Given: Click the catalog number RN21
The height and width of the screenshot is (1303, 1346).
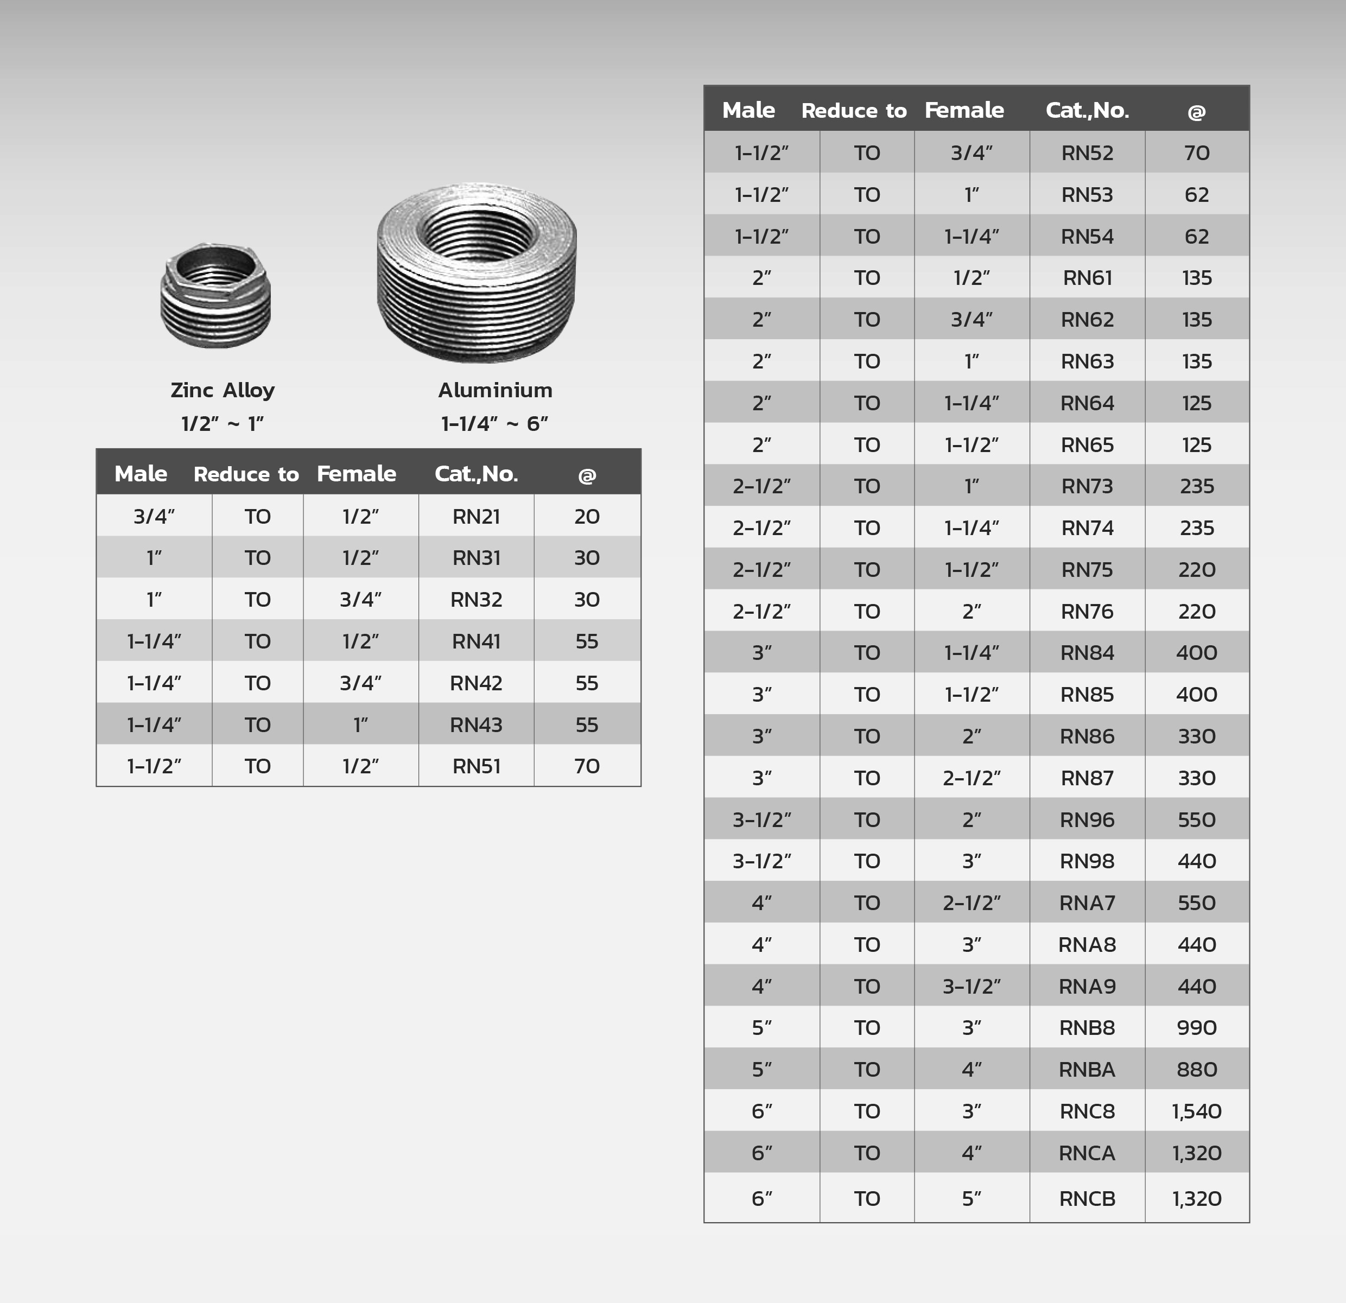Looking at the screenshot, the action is click(x=476, y=516).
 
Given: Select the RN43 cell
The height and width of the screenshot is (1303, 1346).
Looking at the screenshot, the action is click(x=476, y=725).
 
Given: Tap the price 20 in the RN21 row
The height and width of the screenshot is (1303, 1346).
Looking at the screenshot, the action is click(x=587, y=516).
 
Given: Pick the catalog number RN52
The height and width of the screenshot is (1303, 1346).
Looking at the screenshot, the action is click(x=1087, y=153).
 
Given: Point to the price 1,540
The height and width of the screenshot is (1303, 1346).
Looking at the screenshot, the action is click(x=1197, y=1111).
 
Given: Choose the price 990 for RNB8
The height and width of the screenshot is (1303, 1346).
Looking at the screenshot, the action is click(x=1197, y=1028).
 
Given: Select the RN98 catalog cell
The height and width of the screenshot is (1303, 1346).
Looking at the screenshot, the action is click(x=1087, y=861).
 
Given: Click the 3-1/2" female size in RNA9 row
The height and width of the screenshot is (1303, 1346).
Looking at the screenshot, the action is click(x=972, y=987).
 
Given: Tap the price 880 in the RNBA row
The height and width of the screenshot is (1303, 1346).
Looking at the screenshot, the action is click(x=1197, y=1070).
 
